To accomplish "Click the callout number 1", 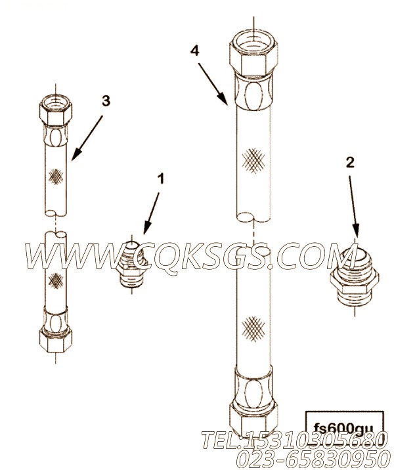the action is pos(161,179).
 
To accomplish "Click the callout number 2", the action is pos(350,162).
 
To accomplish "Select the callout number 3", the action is pos(106,101).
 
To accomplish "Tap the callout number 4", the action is pos(194,51).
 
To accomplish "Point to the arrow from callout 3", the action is pos(87,137).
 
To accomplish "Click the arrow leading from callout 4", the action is pos(212,83).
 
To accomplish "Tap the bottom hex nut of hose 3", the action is pos(56,339).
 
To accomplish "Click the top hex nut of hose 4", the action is pos(253,53).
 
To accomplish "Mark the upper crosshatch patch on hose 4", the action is pos(253,161).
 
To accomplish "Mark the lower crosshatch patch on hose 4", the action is pos(253,329).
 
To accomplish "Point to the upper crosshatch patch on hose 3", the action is pos(56,177).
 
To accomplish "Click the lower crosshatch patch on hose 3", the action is pos(56,280).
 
